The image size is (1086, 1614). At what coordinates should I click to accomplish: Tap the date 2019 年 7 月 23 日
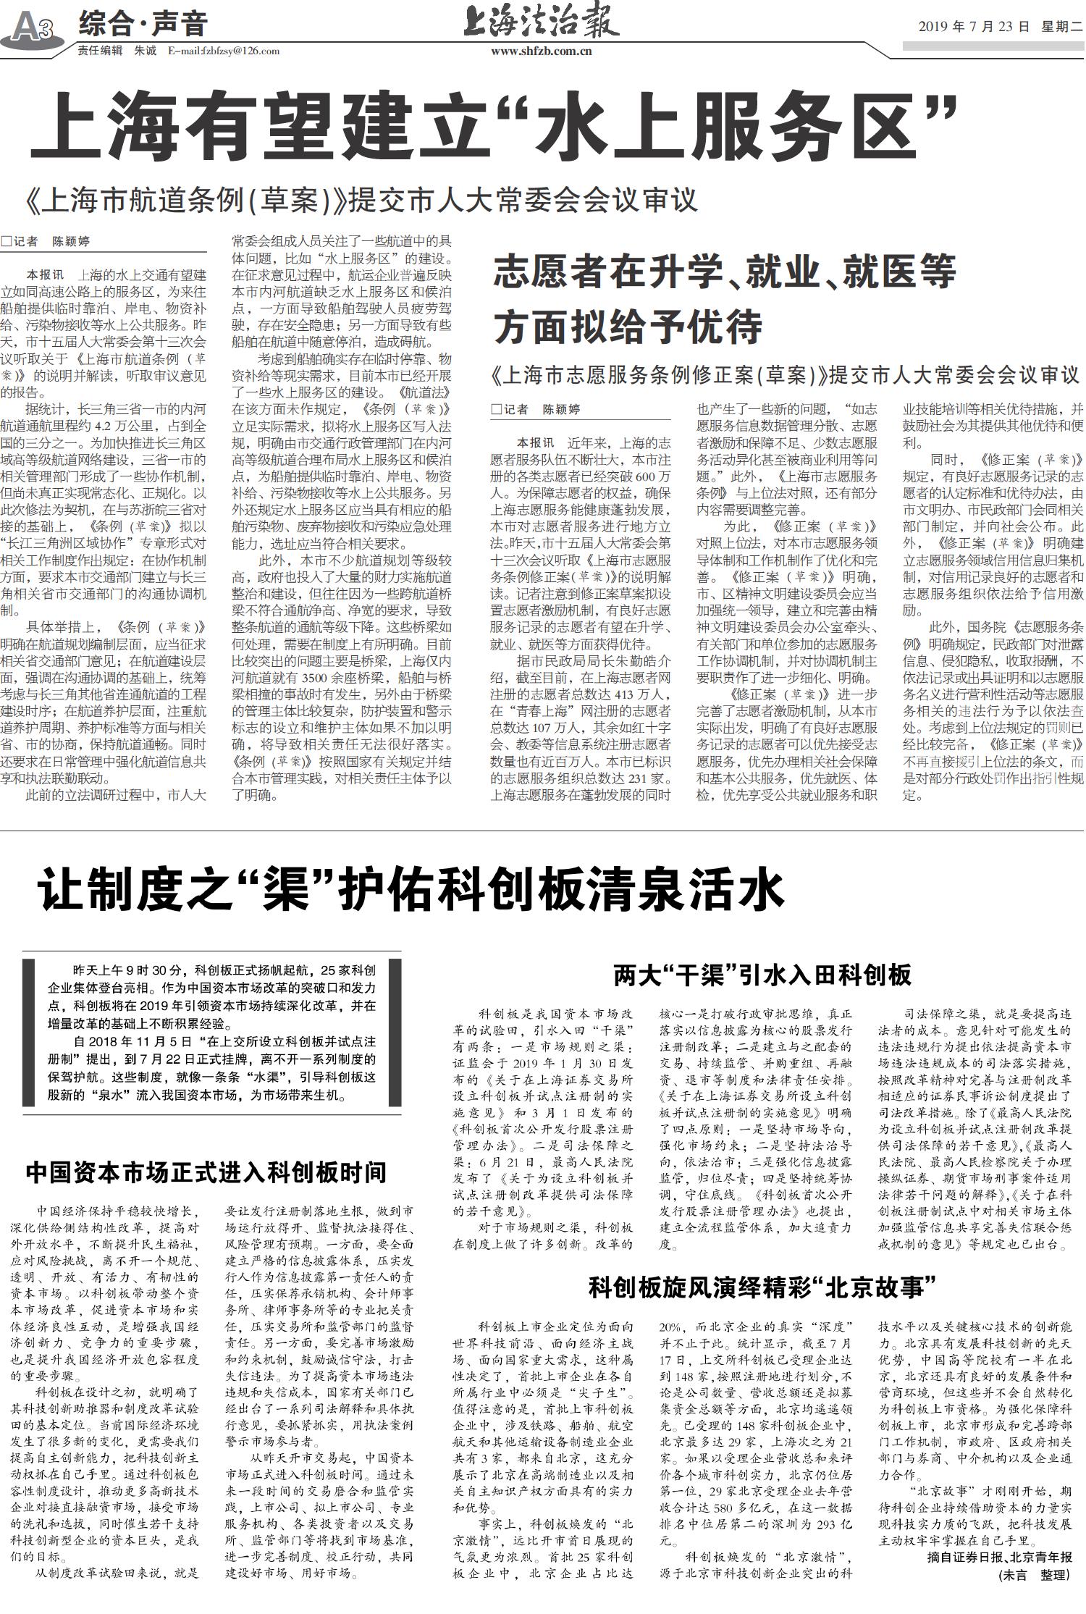973,28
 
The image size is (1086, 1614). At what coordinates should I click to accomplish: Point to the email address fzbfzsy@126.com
224,51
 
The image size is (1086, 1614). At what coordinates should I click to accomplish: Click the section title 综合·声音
143,24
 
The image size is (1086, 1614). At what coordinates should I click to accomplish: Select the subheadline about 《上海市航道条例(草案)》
362,201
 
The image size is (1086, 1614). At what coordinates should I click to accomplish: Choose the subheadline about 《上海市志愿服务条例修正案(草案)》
785,376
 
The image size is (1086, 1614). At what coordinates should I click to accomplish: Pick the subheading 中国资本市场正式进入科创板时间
206,1172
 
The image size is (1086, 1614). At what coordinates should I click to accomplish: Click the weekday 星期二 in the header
1059,28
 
